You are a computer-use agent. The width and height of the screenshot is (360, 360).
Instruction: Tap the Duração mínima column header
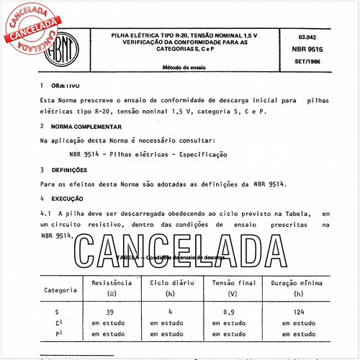coord(299,284)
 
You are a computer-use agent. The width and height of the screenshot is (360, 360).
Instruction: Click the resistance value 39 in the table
coord(110,312)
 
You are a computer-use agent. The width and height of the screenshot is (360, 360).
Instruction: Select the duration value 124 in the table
coord(299,312)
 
